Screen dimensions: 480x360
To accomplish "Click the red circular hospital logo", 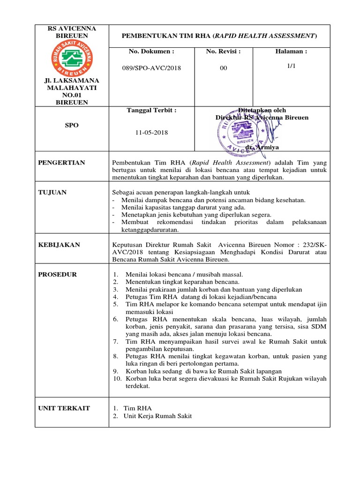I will (72, 58).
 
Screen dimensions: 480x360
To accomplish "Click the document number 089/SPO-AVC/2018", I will (151, 68).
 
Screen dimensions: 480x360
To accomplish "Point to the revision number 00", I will (224, 68).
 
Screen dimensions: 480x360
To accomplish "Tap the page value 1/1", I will (292, 67).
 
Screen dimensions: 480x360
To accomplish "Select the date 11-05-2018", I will (151, 132).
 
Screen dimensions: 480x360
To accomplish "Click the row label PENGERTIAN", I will (61, 163).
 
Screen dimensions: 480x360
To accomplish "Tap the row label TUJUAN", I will (52, 192).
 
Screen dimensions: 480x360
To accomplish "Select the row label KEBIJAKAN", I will (59, 245).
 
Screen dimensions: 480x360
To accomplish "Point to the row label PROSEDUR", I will (57, 274).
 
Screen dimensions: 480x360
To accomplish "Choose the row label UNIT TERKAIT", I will (64, 408).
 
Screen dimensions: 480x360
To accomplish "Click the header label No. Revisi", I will (223, 51).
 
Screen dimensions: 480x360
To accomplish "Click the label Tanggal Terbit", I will (151, 110).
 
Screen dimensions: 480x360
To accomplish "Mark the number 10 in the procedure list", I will (117, 379).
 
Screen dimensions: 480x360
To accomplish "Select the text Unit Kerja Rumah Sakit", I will (157, 416).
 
